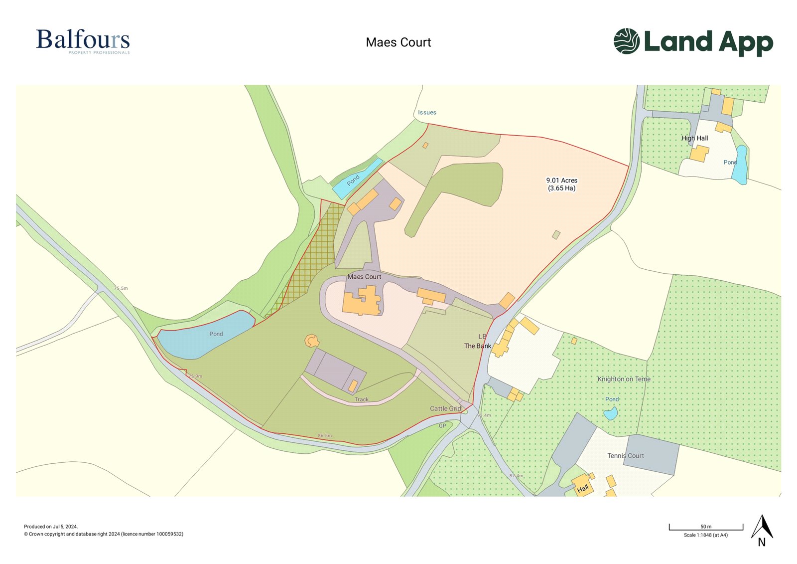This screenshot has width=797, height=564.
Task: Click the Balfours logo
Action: tap(83, 41)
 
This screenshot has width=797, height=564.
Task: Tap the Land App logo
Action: tap(693, 41)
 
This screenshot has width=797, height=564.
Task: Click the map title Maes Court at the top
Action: tap(398, 42)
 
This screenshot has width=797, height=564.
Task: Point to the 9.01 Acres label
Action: tap(561, 181)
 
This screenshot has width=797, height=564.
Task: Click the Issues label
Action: tap(427, 113)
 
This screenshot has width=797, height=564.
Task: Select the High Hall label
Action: tap(694, 138)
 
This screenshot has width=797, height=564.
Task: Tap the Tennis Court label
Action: tap(625, 456)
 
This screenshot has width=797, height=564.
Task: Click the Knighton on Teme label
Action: tap(624, 379)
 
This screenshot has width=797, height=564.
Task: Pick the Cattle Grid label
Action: tap(445, 408)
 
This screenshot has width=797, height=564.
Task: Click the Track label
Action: tap(362, 399)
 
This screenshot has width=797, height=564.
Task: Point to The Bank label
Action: tap(477, 346)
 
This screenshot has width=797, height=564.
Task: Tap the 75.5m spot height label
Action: tap(121, 288)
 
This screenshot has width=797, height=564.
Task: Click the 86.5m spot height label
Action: tap(325, 436)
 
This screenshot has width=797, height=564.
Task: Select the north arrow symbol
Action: tap(762, 530)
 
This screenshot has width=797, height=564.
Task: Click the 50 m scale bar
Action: tap(706, 527)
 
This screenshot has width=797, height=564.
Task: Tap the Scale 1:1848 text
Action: tap(705, 535)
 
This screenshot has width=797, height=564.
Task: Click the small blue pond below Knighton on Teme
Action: tap(610, 413)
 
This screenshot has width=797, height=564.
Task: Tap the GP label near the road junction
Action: tap(442, 426)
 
